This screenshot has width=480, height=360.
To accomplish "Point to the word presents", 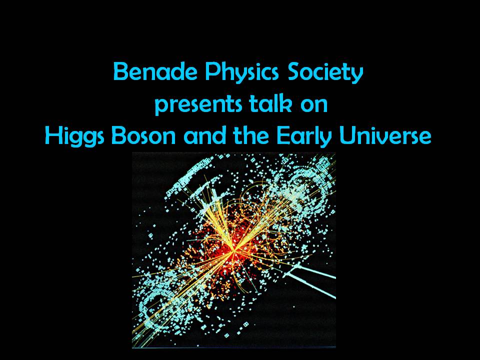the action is pyautogui.click(x=198, y=105).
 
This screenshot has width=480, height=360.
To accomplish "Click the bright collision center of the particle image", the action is pyautogui.click(x=234, y=251).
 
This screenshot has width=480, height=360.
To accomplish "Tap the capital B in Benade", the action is pyautogui.click(x=119, y=71).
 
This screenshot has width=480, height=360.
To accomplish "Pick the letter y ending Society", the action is pyautogui.click(x=357, y=75).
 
